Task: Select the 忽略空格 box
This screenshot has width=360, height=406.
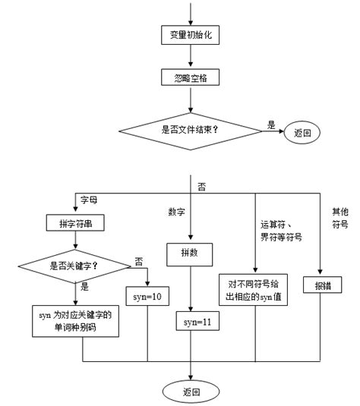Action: pos(191,77)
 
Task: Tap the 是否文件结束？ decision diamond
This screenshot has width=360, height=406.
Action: pos(191,128)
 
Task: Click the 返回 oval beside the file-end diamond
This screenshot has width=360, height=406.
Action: pos(302,132)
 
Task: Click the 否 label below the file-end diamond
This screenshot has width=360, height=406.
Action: pos(202,185)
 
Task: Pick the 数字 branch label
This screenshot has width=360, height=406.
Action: pos(177,211)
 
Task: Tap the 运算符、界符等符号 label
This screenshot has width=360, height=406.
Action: pos(281,231)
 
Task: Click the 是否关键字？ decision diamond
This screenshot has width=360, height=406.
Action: pos(76,266)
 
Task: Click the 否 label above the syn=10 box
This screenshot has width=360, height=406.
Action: pos(138,260)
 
